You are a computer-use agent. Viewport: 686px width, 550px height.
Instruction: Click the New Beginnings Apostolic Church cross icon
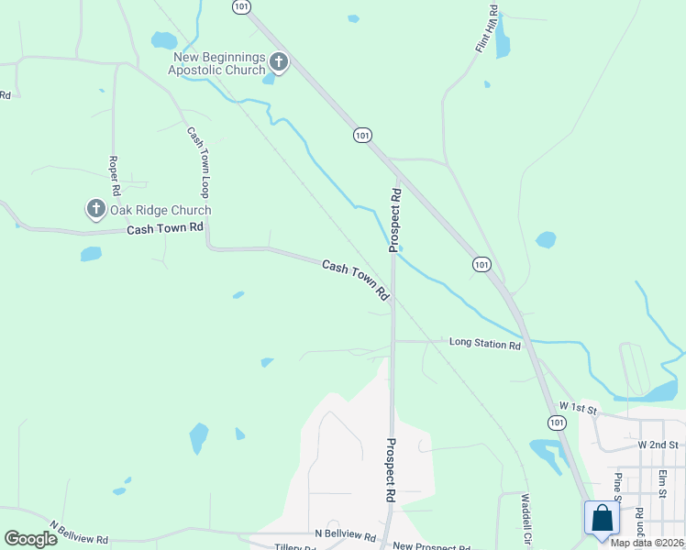tap(278, 62)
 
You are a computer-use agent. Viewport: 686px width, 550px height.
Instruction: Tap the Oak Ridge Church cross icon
tap(95, 210)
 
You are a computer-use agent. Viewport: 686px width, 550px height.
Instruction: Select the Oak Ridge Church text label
tap(161, 210)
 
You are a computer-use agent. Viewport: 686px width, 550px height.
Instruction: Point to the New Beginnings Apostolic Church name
tap(220, 63)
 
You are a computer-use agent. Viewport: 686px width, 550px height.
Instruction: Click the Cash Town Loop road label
tap(198, 161)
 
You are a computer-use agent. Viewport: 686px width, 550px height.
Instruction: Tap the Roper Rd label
tap(115, 177)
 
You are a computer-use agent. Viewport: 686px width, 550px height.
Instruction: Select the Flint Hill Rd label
tap(487, 28)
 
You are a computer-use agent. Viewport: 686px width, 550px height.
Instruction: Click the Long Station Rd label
tap(485, 345)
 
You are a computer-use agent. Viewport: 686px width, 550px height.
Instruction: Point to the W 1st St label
tap(578, 406)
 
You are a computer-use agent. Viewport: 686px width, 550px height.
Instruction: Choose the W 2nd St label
tap(657, 445)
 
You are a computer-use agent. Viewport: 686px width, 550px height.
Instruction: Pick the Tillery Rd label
tap(295, 547)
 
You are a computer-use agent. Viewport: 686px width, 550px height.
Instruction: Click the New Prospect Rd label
tap(432, 546)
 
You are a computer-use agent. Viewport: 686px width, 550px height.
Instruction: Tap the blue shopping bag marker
tap(602, 518)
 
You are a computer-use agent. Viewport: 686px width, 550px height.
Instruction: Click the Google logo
tap(30, 539)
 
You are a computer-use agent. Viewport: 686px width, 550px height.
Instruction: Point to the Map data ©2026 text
tap(647, 543)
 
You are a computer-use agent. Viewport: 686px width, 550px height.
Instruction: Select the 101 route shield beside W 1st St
tap(557, 423)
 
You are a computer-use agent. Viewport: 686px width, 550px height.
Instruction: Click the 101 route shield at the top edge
tap(240, 6)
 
